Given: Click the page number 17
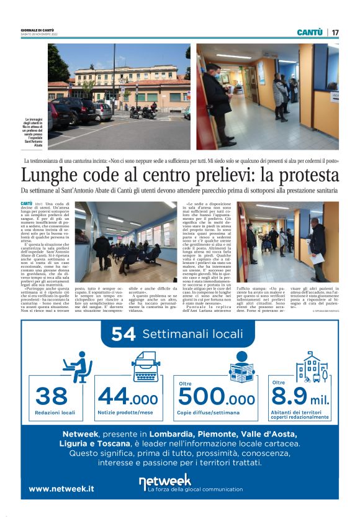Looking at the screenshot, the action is coord(335,32).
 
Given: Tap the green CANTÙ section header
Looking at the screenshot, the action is coord(310,32).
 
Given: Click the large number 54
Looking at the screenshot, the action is coord(124,334).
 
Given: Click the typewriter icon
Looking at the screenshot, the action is coord(144,365).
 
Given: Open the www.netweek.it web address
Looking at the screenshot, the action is coord(61,488).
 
